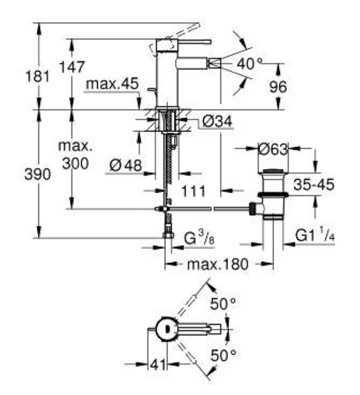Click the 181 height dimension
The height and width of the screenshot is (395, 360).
pyautogui.click(x=38, y=76)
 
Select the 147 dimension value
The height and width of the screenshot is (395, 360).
pyautogui.click(x=72, y=67)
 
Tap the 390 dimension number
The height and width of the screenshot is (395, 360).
pyautogui.click(x=37, y=174)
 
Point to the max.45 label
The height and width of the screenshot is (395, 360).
pyautogui.click(x=112, y=84)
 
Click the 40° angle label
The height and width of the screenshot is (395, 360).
pyautogui.click(x=249, y=63)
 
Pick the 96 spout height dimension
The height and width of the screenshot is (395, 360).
pyautogui.click(x=278, y=87)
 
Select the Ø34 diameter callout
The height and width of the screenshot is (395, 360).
pyautogui.click(x=217, y=122)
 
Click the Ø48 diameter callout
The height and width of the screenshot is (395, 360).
pyautogui.click(x=126, y=165)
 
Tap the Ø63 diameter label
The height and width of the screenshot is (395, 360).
pyautogui.click(x=273, y=149)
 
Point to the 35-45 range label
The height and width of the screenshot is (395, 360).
pyautogui.click(x=314, y=185)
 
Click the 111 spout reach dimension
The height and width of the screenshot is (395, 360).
pyautogui.click(x=193, y=191)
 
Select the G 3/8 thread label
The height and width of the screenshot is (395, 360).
pyautogui.click(x=199, y=238)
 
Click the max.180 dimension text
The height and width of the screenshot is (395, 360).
pyautogui.click(x=218, y=264)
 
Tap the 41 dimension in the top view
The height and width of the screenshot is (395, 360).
pyautogui.click(x=158, y=364)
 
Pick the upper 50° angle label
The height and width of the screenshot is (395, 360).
pyautogui.click(x=223, y=303)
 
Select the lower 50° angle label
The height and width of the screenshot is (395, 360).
pyautogui.click(x=223, y=356)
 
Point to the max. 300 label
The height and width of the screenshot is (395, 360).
pyautogui.click(x=75, y=155)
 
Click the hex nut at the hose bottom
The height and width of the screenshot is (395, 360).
pyautogui.click(x=168, y=235)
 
